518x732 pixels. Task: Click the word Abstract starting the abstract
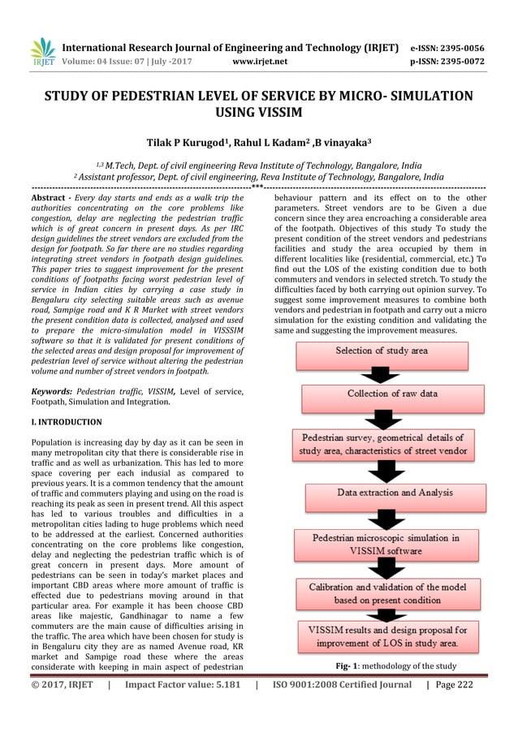[50, 199]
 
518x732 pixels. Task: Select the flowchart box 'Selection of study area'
[381, 351]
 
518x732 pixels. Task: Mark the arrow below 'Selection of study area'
[380, 373]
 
